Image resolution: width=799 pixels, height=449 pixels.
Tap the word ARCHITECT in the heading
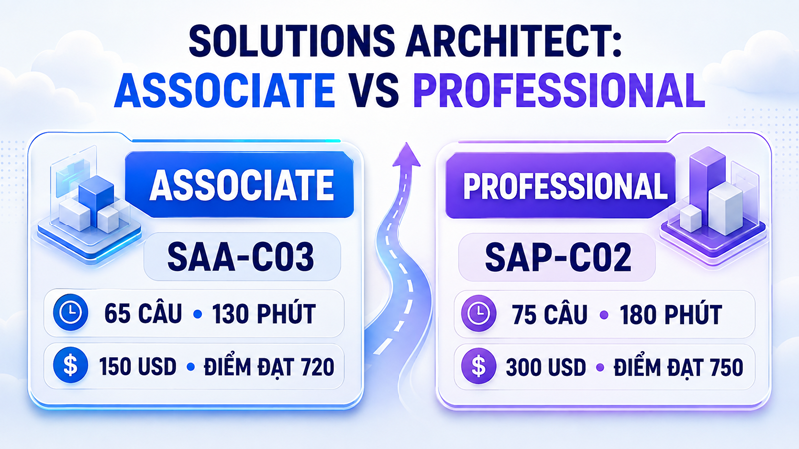pos(513,41)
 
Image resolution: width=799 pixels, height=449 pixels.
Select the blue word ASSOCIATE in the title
pos(224,90)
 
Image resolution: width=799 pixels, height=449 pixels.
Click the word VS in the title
pos(374,90)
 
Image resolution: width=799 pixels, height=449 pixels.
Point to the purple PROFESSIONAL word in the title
pos(559,90)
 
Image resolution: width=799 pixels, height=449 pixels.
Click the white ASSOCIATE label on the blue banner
pos(242,185)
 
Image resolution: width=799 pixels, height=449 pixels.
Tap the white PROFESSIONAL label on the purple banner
pos(565,185)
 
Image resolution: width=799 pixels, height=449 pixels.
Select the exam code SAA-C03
pos(241,257)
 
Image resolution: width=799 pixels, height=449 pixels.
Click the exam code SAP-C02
pos(558,257)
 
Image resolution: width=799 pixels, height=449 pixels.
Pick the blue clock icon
pos(70,313)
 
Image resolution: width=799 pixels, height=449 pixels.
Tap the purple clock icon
pos(478,314)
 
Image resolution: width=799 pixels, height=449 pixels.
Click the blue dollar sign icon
pos(70,365)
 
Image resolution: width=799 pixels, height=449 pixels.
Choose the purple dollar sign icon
pos(478,366)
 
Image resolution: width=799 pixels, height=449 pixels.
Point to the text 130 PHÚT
pos(264,312)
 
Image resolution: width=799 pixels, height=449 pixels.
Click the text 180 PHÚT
pos(670,313)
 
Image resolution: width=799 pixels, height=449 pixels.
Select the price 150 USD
pos(138,366)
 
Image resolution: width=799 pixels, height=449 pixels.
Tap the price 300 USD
pos(546,367)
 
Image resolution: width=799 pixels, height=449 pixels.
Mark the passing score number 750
pos(727,367)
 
